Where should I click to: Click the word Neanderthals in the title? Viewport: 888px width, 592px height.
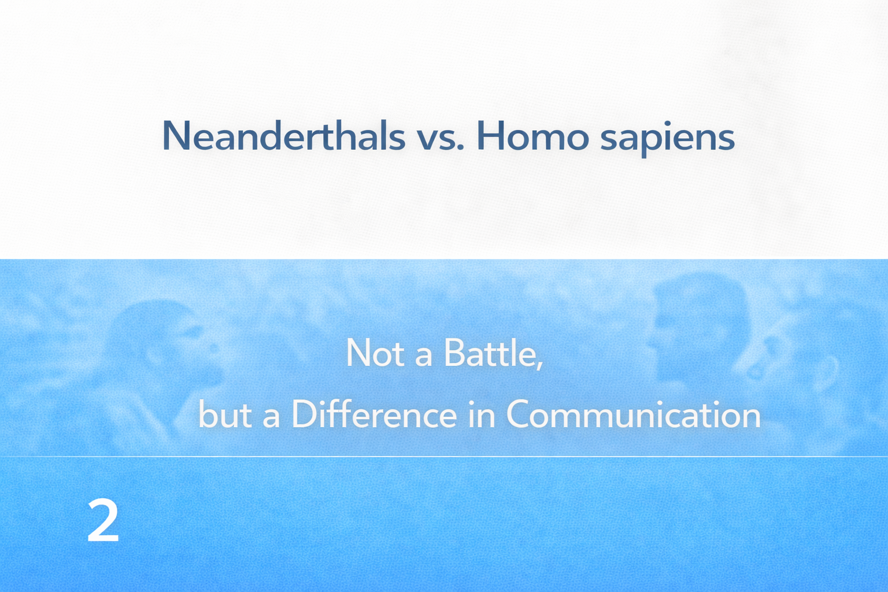(284, 136)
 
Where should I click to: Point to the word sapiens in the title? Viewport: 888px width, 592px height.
(668, 138)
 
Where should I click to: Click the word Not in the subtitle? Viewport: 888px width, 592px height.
(375, 353)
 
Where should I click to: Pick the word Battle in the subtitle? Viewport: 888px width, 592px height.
(490, 353)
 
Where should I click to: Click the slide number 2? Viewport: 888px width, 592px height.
(103, 520)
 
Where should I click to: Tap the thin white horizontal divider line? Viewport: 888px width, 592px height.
(444, 457)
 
